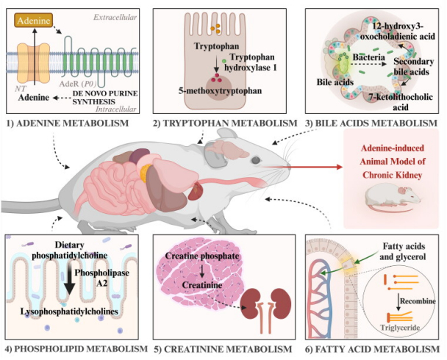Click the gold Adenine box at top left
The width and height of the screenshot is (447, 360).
coord(34,21)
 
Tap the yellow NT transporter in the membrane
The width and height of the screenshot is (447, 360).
coord(34,63)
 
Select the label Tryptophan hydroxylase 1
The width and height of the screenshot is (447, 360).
coord(251,62)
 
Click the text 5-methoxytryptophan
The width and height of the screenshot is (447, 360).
coord(220,91)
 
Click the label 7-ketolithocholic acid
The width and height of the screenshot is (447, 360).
coord(400,102)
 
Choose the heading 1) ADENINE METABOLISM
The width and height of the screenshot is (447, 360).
coord(68,123)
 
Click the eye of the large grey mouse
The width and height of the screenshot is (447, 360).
coord(255,160)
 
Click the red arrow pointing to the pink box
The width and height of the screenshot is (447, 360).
coord(302,167)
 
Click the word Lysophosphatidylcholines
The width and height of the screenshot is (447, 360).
coord(69,312)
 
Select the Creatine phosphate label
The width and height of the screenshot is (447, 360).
coord(202,256)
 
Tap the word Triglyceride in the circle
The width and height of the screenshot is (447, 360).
coord(400,328)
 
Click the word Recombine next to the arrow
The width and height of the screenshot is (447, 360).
coord(418,301)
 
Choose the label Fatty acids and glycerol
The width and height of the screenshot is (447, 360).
coord(403,251)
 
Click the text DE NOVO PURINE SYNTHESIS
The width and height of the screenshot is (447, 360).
coord(105,98)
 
